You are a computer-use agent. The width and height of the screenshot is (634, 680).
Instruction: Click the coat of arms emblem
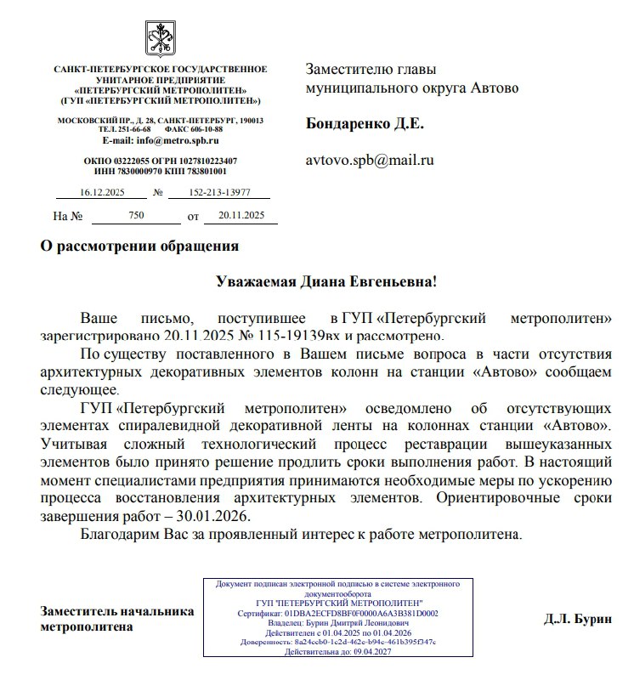pyautogui.click(x=160, y=39)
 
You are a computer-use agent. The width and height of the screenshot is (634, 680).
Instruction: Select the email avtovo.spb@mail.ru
pyautogui.click(x=370, y=159)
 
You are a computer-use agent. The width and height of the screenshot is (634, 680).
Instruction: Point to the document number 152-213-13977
pyautogui.click(x=217, y=193)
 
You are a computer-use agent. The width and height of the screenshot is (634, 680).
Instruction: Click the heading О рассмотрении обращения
pyautogui.click(x=139, y=247)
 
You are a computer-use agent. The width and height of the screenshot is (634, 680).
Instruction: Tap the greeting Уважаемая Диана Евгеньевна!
pyautogui.click(x=326, y=280)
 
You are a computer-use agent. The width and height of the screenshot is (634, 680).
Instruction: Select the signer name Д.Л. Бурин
pyautogui.click(x=577, y=619)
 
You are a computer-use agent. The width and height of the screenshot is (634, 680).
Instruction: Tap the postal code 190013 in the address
pyautogui.click(x=251, y=120)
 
